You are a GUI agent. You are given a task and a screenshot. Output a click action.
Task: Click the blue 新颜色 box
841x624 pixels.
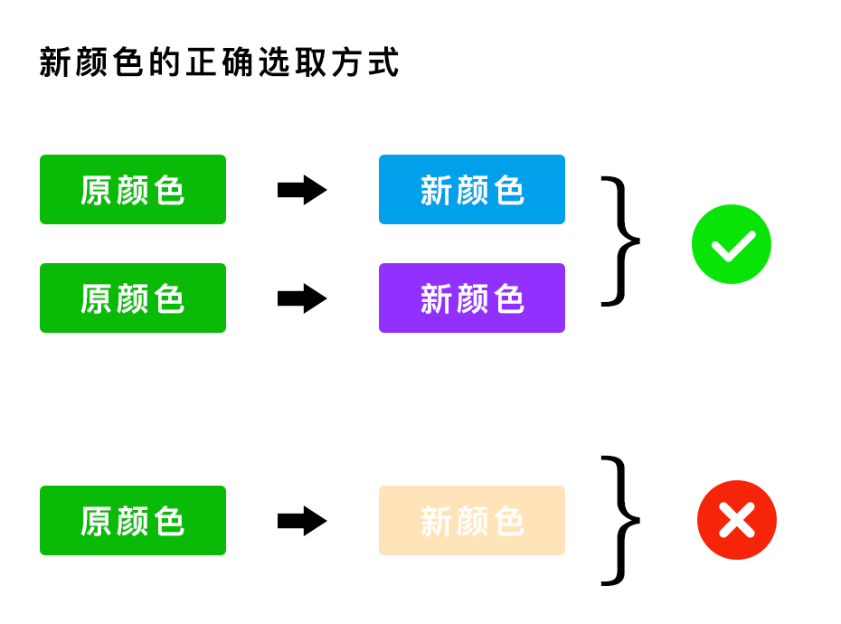click(x=471, y=190)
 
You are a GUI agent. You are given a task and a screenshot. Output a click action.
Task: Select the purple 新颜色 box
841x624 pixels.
click(x=471, y=298)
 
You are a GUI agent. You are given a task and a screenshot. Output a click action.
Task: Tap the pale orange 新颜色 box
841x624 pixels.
click(x=471, y=521)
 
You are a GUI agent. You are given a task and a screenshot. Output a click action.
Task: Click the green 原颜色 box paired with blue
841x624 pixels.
click(x=133, y=190)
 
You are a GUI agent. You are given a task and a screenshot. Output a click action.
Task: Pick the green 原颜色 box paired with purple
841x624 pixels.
click(x=133, y=298)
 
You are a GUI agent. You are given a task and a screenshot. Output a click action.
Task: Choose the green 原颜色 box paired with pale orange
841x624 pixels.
click(x=133, y=521)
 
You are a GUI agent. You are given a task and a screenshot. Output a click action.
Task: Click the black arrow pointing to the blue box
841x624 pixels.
click(x=301, y=190)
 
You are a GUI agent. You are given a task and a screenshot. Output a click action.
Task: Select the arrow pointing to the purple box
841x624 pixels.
click(x=301, y=298)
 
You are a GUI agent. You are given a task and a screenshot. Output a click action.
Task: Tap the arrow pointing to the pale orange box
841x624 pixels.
click(x=301, y=521)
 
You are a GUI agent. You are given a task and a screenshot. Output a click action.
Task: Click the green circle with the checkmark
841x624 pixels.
click(x=731, y=244)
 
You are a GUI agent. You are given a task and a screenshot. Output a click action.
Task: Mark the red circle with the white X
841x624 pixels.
click(x=736, y=520)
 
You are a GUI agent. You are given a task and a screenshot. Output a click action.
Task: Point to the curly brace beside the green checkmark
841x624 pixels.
click(x=620, y=241)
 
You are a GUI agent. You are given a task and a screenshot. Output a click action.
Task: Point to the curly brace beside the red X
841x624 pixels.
click(x=620, y=521)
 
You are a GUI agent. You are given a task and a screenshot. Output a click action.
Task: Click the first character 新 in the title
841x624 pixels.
click(x=56, y=63)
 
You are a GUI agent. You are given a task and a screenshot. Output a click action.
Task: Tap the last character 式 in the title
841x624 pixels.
click(x=384, y=63)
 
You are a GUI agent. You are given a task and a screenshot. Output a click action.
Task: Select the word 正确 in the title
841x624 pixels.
click(x=220, y=63)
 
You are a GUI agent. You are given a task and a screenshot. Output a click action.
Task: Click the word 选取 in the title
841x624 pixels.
click(x=293, y=63)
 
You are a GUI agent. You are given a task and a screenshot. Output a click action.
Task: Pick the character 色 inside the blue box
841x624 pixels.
click(x=509, y=191)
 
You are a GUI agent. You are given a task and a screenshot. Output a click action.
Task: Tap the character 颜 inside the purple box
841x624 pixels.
click(x=472, y=299)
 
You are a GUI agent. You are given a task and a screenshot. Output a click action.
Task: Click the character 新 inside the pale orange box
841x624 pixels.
click(x=436, y=522)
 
